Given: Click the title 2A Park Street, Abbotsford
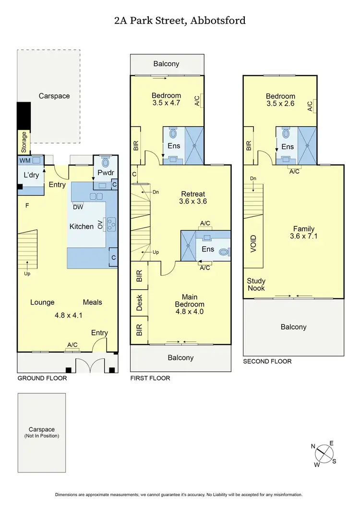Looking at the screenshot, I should coord(180,20).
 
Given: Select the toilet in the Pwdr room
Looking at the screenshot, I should coord(105,162).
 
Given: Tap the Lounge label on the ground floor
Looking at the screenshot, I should coord(42,302).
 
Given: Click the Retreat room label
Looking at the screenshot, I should coord(193,194).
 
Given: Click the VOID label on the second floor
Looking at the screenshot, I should coord(253,244).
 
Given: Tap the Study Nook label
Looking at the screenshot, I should coord(256,284).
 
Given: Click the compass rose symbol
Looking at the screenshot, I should coord(324,453).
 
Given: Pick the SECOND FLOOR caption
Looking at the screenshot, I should coord(267,361).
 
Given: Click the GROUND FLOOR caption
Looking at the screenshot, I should coord(42,378).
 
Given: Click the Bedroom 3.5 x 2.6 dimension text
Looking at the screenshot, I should coord(280,103).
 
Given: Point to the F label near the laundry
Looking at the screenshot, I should coord(27,205).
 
